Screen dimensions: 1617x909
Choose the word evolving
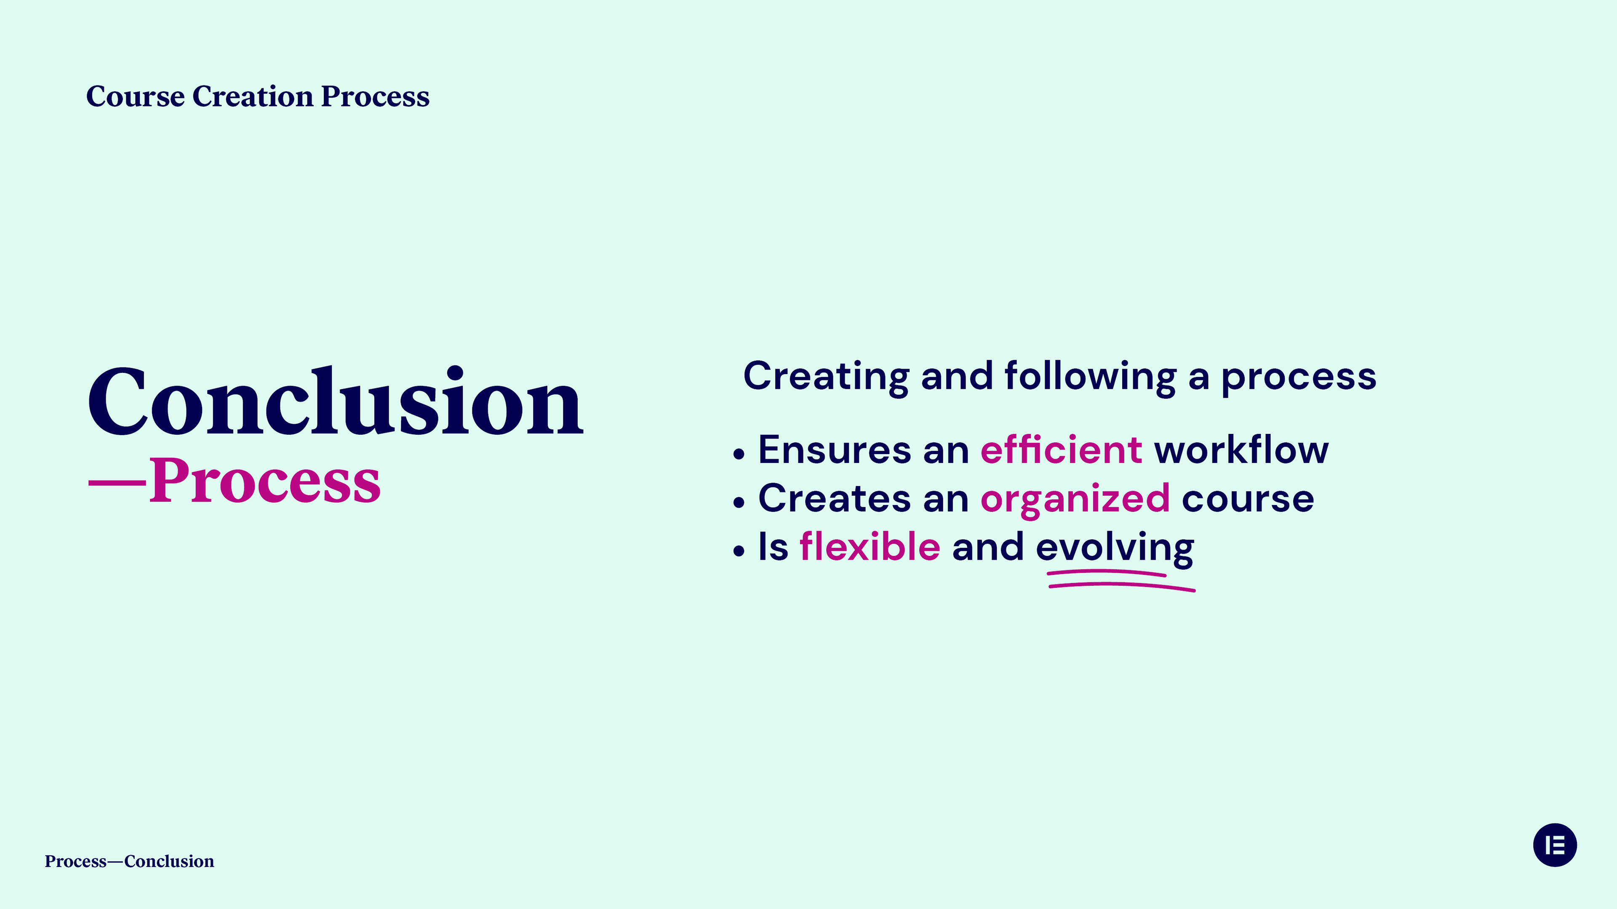pos(1115,548)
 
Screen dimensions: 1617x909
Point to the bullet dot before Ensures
pos(739,454)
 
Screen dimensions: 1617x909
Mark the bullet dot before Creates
pos(739,502)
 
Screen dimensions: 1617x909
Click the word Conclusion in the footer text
pos(169,861)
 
